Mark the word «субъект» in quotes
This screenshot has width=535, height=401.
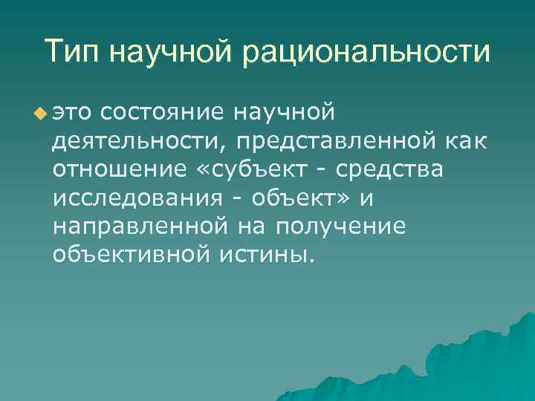tap(253, 169)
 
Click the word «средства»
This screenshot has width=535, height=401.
tap(389, 169)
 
